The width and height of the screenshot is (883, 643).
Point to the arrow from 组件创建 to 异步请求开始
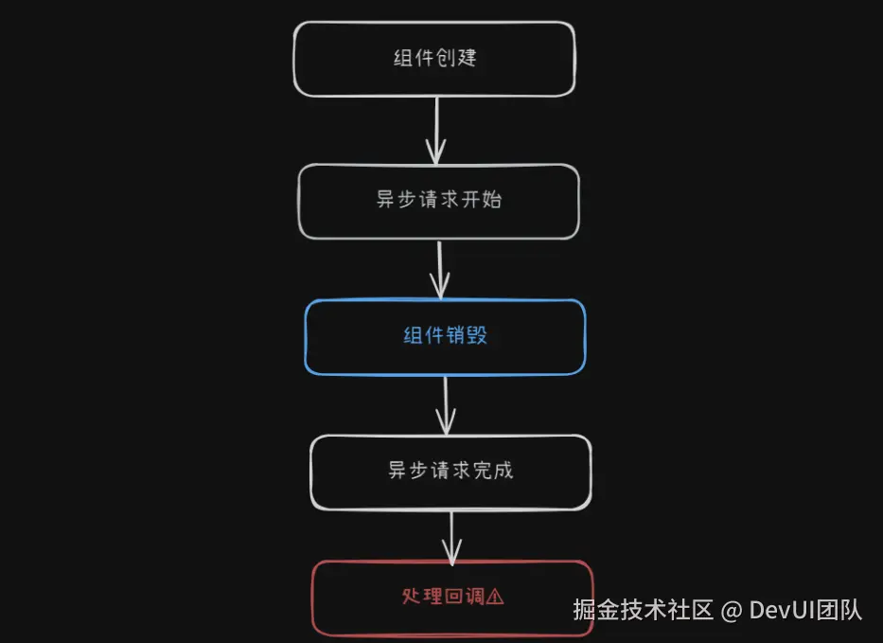pyautogui.click(x=435, y=130)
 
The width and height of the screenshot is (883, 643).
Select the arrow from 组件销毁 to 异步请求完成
pyautogui.click(x=446, y=404)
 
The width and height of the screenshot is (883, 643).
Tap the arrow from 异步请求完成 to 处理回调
pyautogui.click(x=452, y=536)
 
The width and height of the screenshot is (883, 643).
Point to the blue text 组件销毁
pyautogui.click(x=445, y=335)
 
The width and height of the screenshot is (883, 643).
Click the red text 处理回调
pyautogui.click(x=442, y=597)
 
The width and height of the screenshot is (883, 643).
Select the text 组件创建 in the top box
pyautogui.click(x=434, y=58)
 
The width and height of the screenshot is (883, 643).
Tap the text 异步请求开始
pyautogui.click(x=438, y=202)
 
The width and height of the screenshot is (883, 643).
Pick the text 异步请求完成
pyautogui.click(x=450, y=471)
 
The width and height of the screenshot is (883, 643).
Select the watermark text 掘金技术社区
pyautogui.click(x=643, y=610)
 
